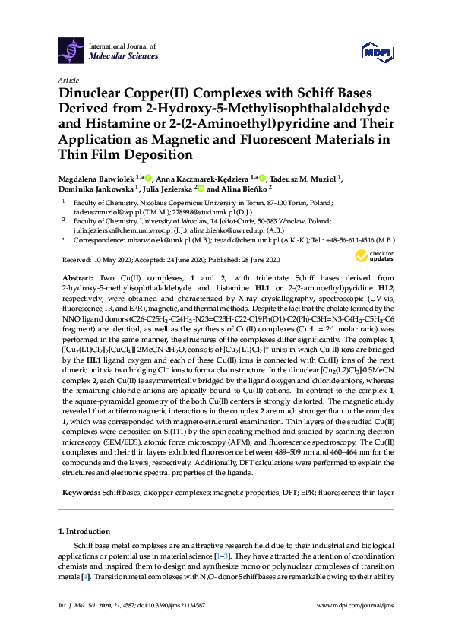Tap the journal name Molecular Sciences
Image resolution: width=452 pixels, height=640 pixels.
[124, 56]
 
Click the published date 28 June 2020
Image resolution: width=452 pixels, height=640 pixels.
[262, 259]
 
